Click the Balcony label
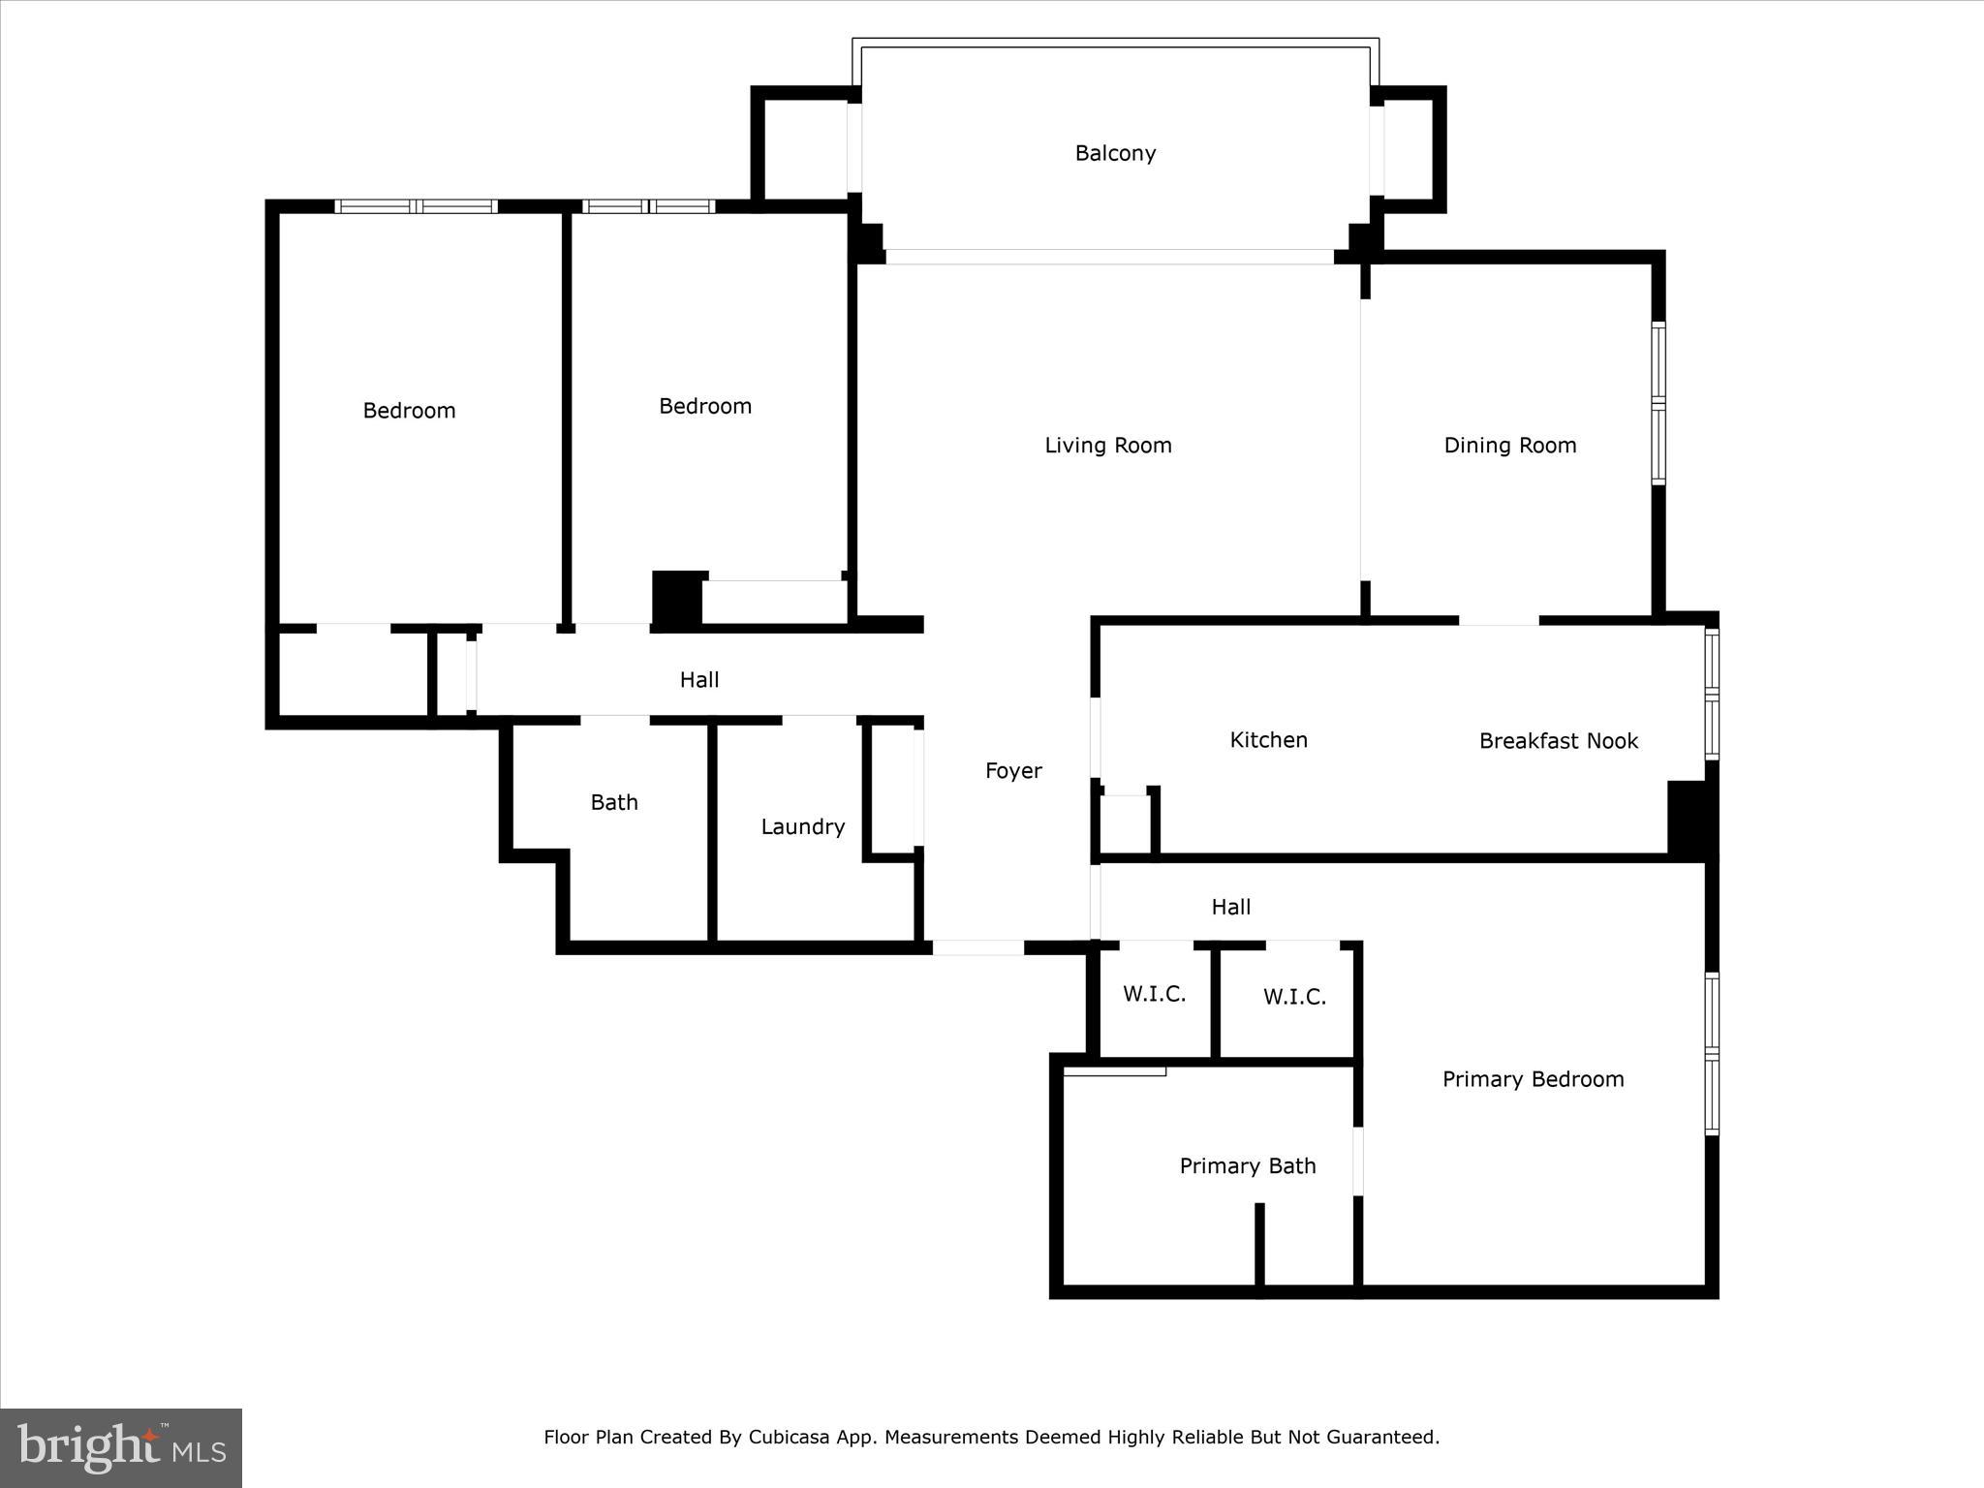tap(1115, 153)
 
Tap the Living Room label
tap(1107, 446)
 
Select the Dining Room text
tap(1509, 446)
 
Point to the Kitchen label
tap(1268, 740)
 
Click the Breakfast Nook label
tap(1558, 741)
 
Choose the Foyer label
tap(1013, 771)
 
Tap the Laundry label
tap(802, 827)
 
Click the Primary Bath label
tap(1247, 1166)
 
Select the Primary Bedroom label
tap(1533, 1079)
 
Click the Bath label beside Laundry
tap(614, 802)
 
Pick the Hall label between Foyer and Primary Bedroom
tap(1230, 908)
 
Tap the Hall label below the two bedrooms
tap(698, 680)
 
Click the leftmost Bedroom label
tap(409, 411)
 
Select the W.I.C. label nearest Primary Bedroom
tap(1294, 997)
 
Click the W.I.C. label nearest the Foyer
tap(1154, 994)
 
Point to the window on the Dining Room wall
tap(1658, 403)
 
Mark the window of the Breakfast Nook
tap(1712, 694)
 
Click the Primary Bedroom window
tap(1712, 1054)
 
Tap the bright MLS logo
tap(121, 1448)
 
